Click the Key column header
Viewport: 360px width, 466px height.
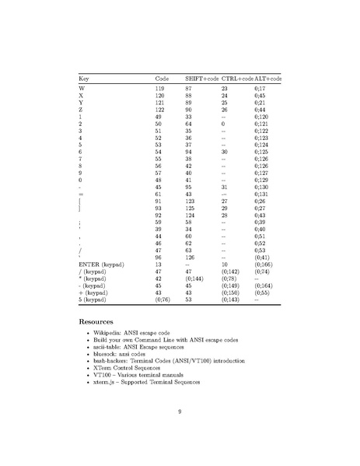pos(85,80)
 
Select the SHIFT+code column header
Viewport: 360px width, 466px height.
pos(201,80)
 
